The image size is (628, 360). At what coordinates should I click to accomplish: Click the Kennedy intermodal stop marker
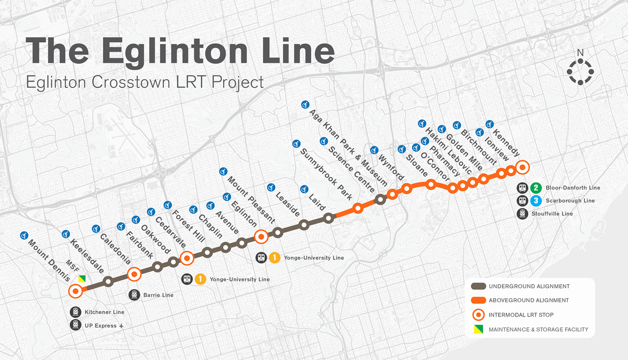tap(523, 167)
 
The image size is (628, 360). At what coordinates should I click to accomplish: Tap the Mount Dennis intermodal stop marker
tap(76, 291)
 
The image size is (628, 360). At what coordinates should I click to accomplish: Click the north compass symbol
tap(580, 72)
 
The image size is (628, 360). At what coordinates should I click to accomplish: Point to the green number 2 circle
tap(536, 188)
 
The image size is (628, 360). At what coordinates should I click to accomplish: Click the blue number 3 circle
tap(536, 201)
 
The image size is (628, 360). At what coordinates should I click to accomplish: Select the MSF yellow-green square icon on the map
tap(82, 279)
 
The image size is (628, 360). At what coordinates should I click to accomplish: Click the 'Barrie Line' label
tap(158, 295)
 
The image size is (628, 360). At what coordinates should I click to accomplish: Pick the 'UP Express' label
tap(101, 326)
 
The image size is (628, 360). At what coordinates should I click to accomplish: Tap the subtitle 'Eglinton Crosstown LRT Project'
tap(145, 82)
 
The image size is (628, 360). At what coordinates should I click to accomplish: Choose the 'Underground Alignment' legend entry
tap(529, 286)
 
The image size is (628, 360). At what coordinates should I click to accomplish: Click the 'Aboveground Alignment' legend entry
tap(528, 300)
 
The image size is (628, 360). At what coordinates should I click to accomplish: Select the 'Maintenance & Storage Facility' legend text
tap(538, 330)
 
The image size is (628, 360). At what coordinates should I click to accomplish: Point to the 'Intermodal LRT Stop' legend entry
tap(524, 315)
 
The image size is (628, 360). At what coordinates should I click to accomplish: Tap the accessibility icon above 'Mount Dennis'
tap(24, 235)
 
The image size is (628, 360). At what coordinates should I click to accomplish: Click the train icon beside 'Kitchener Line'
tap(75, 312)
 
